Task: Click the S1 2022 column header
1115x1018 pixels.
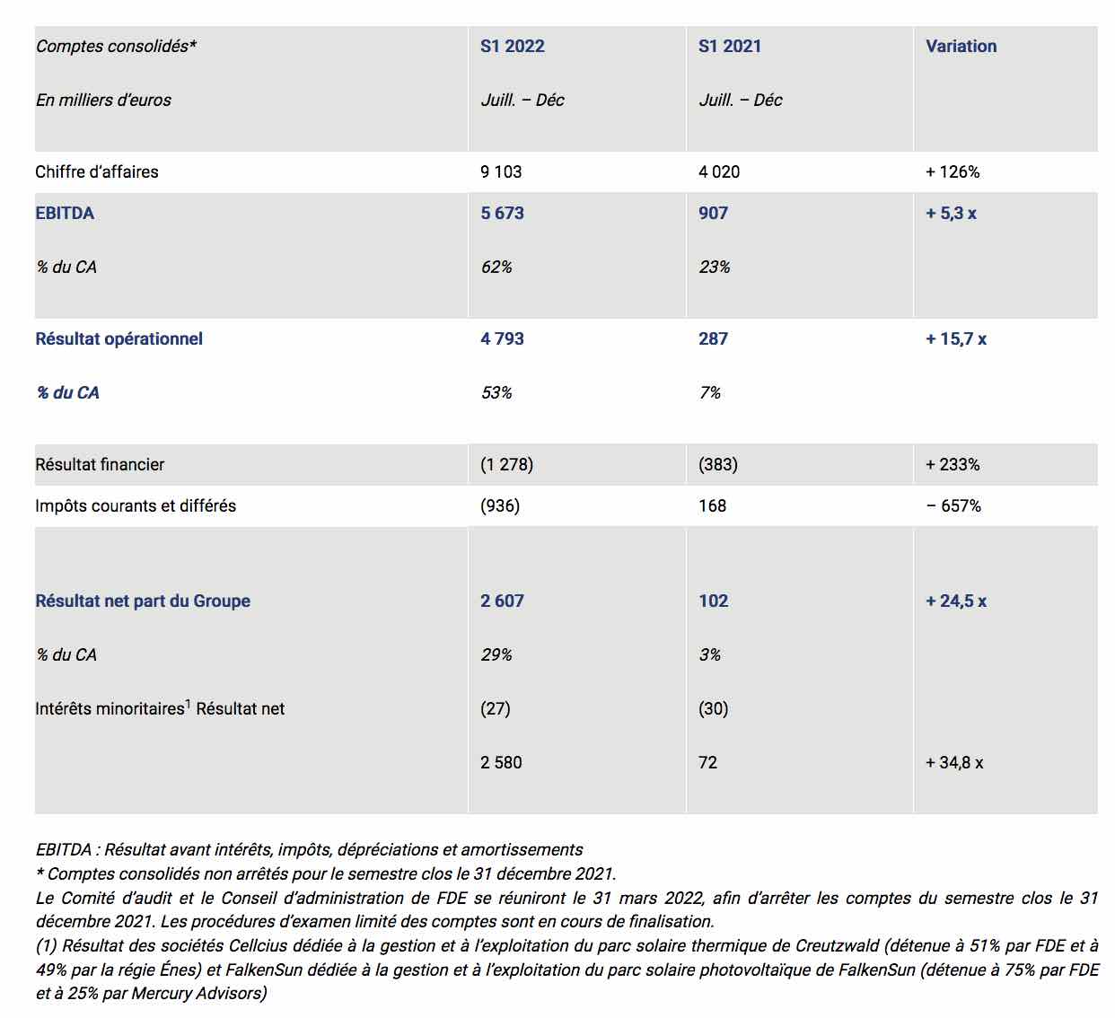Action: point(512,46)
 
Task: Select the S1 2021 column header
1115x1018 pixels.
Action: point(729,46)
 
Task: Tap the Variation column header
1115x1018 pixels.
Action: point(961,46)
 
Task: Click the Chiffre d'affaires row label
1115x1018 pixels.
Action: point(97,171)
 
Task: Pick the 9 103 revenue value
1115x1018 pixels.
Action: point(501,171)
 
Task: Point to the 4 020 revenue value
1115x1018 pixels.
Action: point(719,171)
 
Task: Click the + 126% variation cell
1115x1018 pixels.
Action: point(953,171)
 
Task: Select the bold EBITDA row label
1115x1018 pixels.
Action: point(65,213)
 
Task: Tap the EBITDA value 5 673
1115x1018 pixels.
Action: point(502,213)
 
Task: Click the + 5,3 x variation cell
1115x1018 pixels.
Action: point(951,213)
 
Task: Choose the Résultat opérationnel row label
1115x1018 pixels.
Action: point(119,338)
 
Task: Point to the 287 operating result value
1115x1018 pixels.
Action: point(713,338)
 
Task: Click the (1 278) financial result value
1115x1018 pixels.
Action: point(506,464)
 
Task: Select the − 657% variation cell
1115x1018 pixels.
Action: point(953,506)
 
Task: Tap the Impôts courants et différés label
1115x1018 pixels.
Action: point(136,506)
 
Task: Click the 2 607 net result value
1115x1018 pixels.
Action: point(502,601)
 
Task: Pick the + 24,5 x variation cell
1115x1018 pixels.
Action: point(955,601)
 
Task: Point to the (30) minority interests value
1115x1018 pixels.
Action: point(713,708)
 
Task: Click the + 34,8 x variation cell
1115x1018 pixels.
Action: point(953,761)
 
